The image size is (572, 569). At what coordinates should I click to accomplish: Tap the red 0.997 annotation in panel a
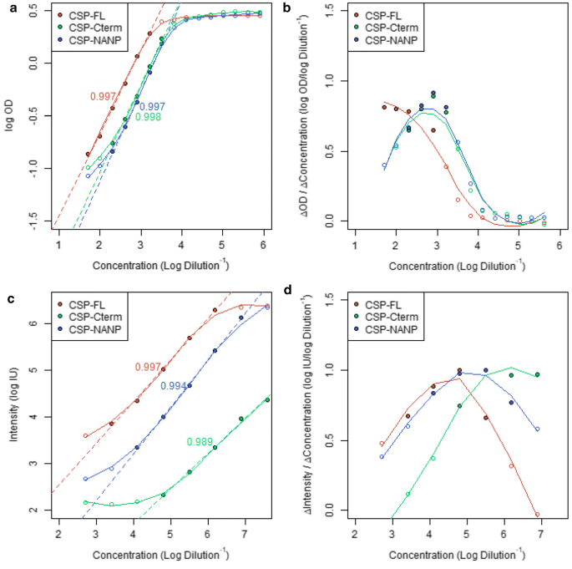coord(104,97)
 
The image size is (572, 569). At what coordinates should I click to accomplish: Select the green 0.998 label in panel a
coord(148,117)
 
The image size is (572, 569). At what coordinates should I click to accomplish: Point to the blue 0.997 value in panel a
coord(152,106)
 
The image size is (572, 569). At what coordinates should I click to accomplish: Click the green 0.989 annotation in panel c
coord(200,441)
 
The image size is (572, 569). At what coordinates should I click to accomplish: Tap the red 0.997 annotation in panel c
coord(148,367)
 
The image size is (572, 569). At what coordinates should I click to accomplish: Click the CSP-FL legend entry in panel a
coord(88,15)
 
